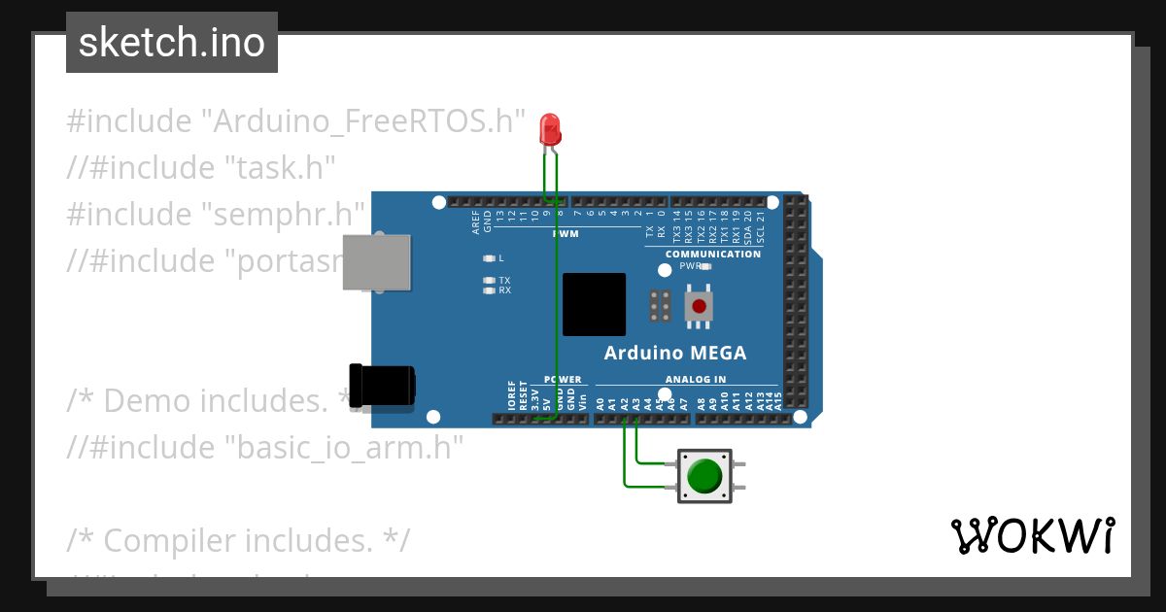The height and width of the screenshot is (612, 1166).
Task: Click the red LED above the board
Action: [551, 130]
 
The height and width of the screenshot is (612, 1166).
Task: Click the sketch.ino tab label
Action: [172, 43]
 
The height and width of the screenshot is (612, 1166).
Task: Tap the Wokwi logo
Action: [1032, 535]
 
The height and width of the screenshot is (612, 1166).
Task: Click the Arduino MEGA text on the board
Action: [675, 353]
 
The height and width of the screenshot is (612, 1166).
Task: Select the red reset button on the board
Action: [699, 305]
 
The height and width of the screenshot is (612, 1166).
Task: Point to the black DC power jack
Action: [382, 385]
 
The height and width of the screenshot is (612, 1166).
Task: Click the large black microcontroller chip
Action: [594, 304]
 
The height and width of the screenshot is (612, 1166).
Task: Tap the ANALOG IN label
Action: [696, 380]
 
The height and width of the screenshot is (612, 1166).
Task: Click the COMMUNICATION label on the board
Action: [712, 255]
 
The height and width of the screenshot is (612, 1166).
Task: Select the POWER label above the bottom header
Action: [563, 380]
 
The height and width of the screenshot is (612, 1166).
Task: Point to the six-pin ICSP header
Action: [660, 306]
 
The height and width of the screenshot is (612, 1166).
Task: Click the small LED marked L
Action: [489, 258]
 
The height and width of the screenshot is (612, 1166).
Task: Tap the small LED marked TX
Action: [489, 280]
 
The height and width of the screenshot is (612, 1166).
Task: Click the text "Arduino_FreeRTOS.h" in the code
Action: [363, 121]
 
